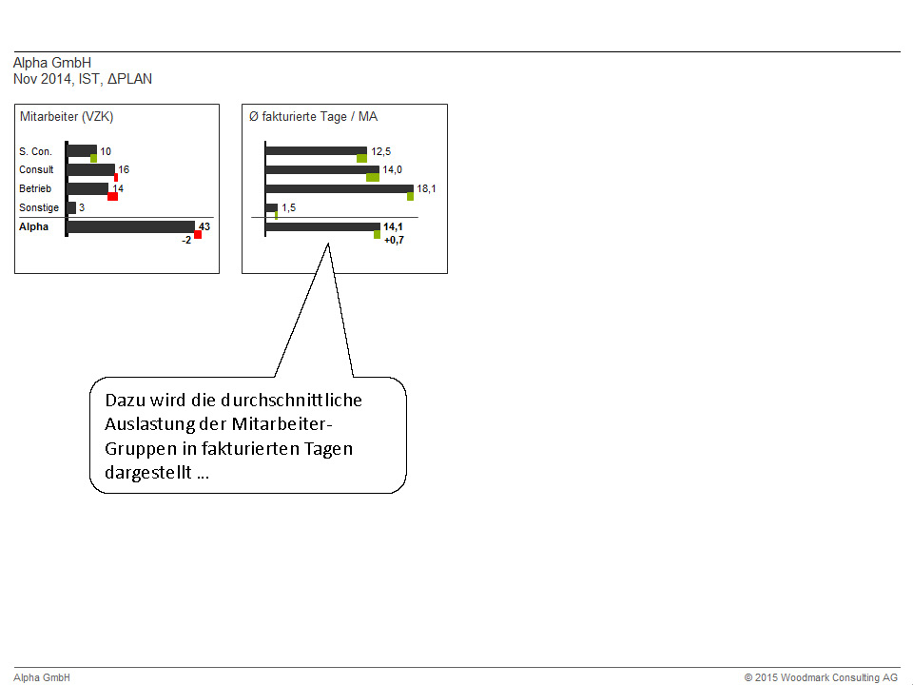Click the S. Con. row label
(x=35, y=151)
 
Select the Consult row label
(x=36, y=169)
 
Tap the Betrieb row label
(x=35, y=188)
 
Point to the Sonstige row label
(x=39, y=207)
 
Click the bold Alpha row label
(x=34, y=226)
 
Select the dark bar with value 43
(x=131, y=226)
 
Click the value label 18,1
(x=426, y=188)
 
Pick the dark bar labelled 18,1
(x=340, y=188)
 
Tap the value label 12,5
(x=380, y=151)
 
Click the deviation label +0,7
(x=394, y=240)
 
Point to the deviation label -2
(x=186, y=240)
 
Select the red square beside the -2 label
(x=198, y=235)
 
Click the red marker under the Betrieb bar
(x=113, y=196)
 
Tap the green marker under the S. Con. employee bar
(x=94, y=159)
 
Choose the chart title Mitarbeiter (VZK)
(x=67, y=116)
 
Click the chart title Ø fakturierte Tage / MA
(x=313, y=116)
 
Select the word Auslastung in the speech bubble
(x=149, y=424)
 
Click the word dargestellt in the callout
(x=148, y=473)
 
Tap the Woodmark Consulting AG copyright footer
(x=821, y=677)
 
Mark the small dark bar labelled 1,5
(x=271, y=207)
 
